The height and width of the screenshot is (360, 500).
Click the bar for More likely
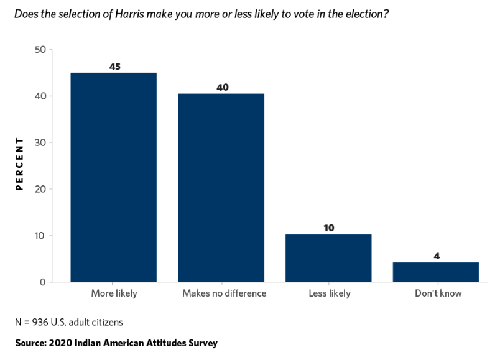point(113,177)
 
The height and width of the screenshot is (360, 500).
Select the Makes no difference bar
point(221,188)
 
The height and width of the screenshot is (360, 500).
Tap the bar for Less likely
point(329,258)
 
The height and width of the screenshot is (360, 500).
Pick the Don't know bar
point(436,272)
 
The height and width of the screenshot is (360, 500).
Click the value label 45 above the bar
point(114,66)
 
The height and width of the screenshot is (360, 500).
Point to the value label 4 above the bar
point(436,256)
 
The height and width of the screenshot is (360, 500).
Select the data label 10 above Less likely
point(329,228)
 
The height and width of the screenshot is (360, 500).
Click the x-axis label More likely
point(114,293)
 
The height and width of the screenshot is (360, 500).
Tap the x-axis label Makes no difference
point(221,293)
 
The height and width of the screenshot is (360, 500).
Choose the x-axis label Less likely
point(329,293)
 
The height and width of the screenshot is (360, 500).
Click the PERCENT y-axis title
point(19,164)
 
